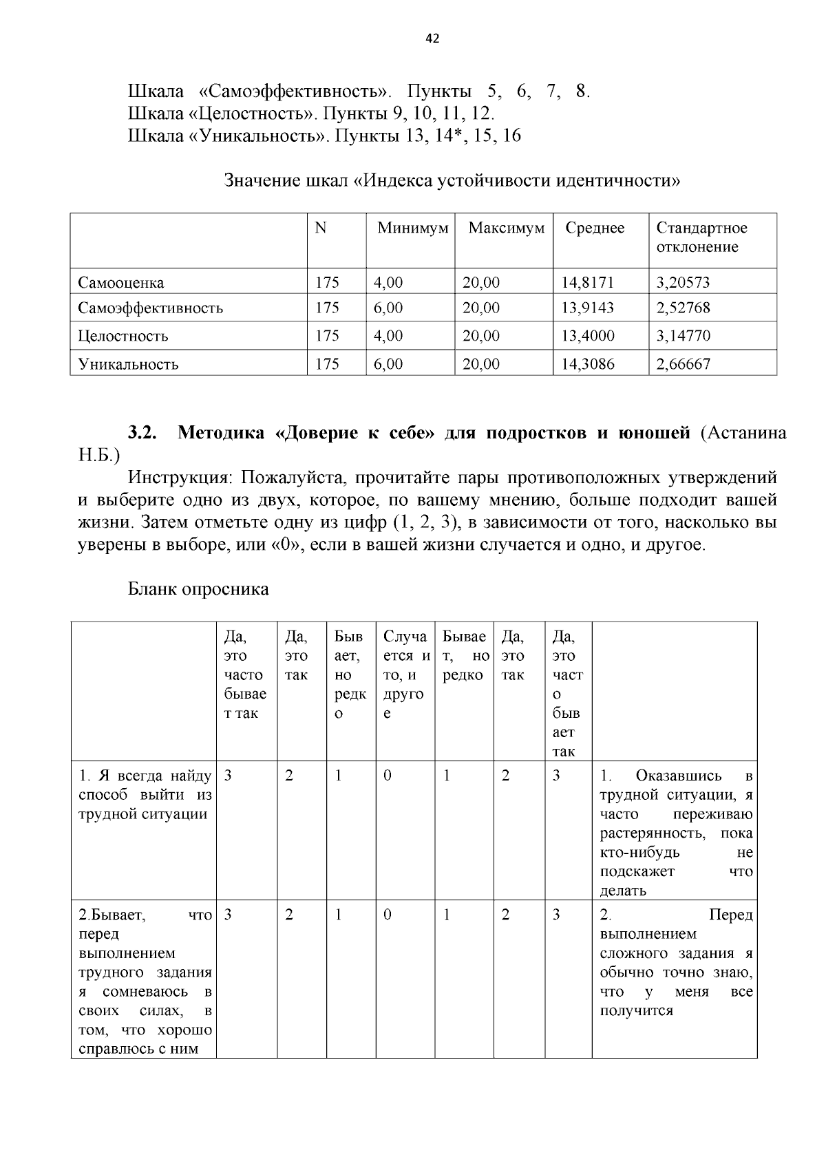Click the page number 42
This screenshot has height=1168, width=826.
coord(432,39)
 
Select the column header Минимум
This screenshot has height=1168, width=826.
coord(412,228)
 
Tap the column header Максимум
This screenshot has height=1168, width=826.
coord(506,228)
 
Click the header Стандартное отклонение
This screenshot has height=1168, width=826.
coord(701,237)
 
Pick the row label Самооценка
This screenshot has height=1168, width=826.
coord(121,283)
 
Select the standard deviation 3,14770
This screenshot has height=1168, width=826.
coord(683,336)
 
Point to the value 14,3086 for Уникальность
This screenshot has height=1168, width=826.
coord(587,364)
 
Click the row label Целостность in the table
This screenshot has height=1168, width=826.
coord(123,336)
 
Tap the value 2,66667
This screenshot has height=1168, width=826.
coord(683,364)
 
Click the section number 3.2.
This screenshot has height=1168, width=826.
coord(143,433)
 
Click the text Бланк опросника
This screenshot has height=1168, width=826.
coord(198,589)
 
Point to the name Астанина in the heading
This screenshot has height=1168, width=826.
coord(743,433)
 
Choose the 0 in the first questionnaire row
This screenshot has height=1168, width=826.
coord(388,776)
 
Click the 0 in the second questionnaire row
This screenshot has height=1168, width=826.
coord(388,915)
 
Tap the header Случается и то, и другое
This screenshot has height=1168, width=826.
coord(405,675)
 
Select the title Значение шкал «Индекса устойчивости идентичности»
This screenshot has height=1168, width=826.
coord(452,181)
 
